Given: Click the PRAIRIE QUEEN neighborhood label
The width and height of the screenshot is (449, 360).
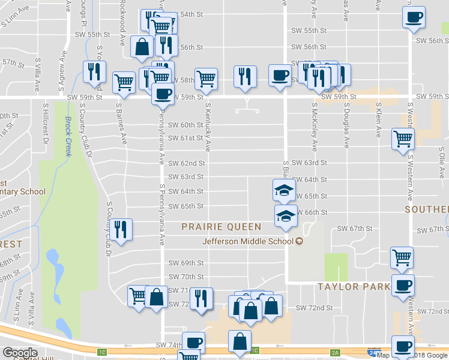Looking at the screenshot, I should (222, 227).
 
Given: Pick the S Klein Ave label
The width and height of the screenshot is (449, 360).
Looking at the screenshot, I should (379, 120).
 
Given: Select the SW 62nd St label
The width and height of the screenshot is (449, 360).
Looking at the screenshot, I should (186, 163).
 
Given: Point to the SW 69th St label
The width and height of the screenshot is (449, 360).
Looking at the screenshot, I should (186, 263).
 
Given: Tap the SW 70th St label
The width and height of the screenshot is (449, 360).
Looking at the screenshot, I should (186, 277).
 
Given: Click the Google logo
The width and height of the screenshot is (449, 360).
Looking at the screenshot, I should (20, 353).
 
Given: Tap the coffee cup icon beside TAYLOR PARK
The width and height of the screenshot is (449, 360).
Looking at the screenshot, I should (403, 285).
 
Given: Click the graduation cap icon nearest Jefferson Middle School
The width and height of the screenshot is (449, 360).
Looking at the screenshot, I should (286, 215).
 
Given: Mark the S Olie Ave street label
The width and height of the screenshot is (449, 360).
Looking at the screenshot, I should (441, 169).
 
